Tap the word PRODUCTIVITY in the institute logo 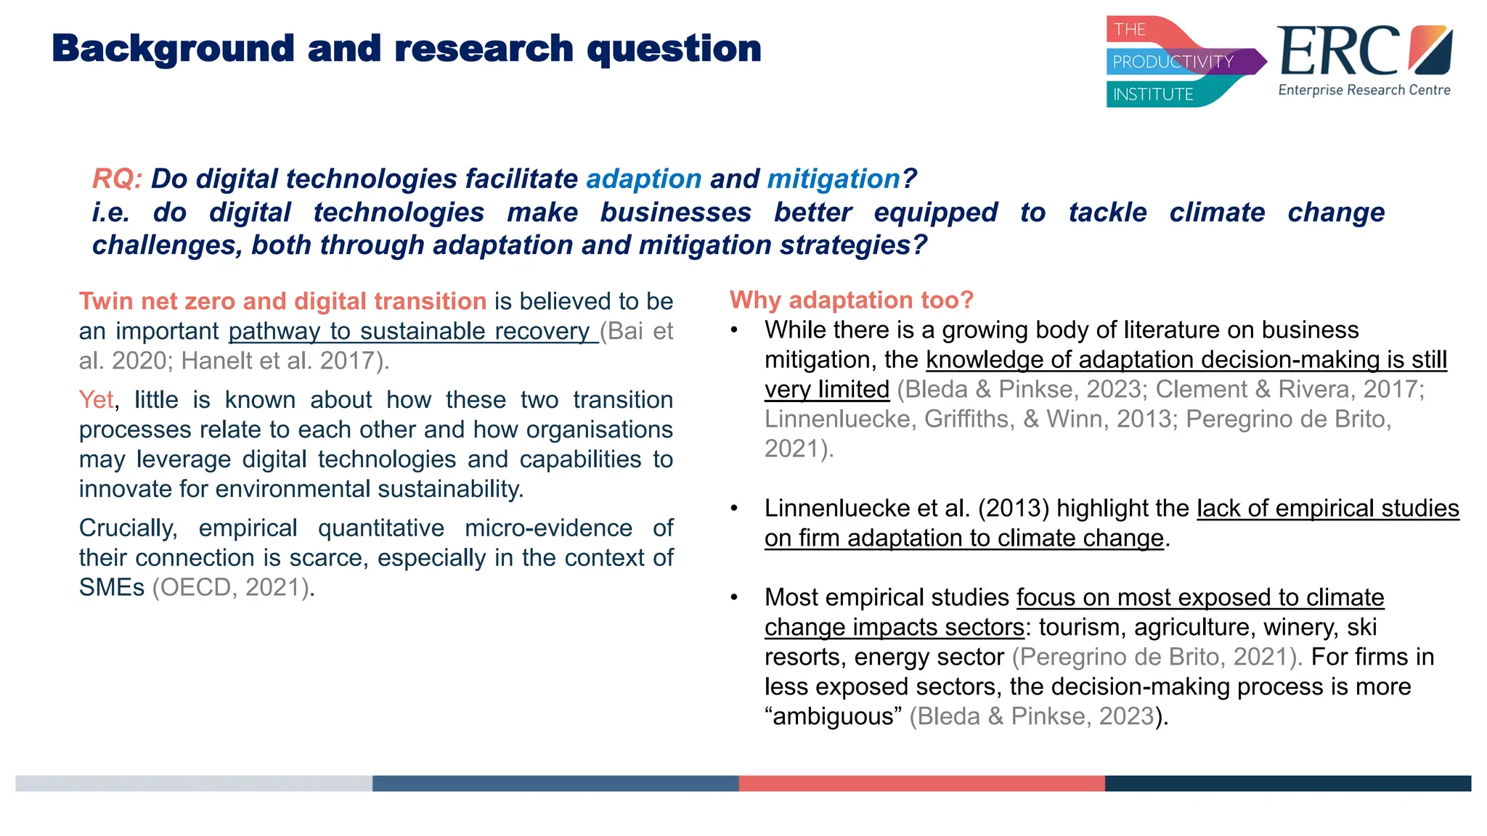click(x=1173, y=62)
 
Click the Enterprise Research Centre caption click(x=1364, y=90)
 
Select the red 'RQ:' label click(x=117, y=179)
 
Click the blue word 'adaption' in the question click(x=643, y=179)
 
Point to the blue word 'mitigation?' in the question click(x=841, y=179)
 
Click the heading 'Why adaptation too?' click(x=851, y=300)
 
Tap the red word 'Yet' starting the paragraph click(x=96, y=400)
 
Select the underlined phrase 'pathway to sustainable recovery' click(x=412, y=331)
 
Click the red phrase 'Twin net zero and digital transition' click(x=282, y=301)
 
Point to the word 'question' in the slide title click(x=674, y=49)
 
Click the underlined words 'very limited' click(x=826, y=390)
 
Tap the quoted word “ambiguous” click(x=833, y=716)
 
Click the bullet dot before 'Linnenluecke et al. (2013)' click(x=734, y=508)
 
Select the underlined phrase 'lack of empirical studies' click(x=1327, y=508)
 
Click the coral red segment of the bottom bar click(x=921, y=783)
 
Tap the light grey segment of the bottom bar click(x=193, y=783)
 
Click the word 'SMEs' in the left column click(x=111, y=587)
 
